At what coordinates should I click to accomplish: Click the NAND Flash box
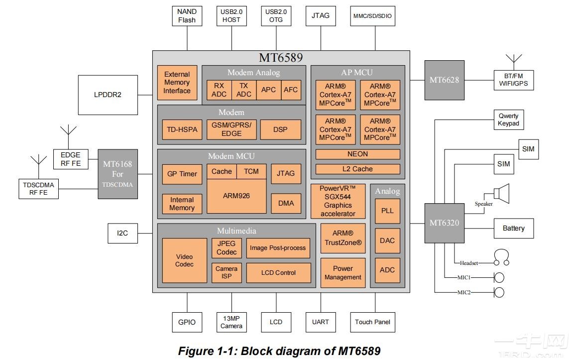point(187,16)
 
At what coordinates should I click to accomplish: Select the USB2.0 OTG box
point(276,16)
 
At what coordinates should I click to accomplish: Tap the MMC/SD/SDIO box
point(372,16)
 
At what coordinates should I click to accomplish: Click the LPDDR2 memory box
point(108,94)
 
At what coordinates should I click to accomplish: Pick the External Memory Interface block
point(177,82)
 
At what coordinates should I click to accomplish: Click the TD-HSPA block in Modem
point(182,129)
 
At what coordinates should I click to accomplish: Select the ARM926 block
point(236,196)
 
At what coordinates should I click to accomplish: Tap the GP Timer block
point(182,174)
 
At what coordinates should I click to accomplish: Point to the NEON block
point(358,154)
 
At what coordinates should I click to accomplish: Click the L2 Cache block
point(358,169)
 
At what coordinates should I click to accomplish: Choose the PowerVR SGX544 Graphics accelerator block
point(338,201)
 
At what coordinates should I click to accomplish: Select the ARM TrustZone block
point(343,239)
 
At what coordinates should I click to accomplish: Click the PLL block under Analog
point(387,211)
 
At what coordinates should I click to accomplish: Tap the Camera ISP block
point(227,272)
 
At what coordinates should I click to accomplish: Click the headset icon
point(502,258)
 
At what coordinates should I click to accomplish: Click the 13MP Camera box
point(231,322)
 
